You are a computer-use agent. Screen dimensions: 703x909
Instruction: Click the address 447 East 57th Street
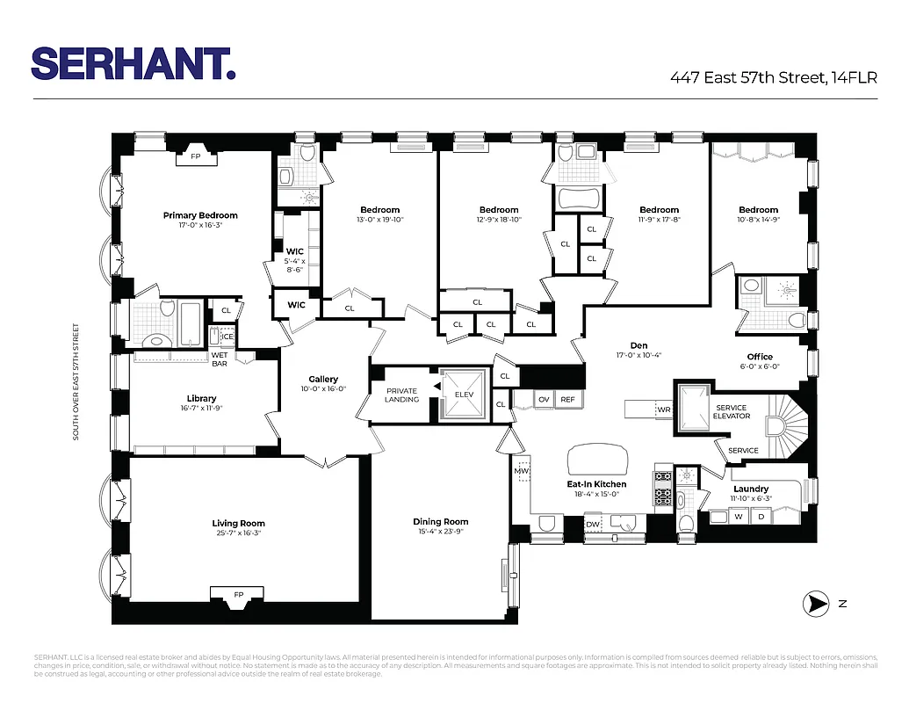[773, 78]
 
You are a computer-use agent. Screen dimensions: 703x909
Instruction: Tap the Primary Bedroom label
[200, 215]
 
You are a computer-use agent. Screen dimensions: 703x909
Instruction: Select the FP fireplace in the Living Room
[238, 595]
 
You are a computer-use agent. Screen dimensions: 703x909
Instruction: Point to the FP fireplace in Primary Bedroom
[196, 159]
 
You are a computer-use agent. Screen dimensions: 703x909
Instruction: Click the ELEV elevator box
[463, 394]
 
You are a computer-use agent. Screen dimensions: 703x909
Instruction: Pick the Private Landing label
[401, 395]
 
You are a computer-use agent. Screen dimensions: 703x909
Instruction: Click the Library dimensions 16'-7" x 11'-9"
[201, 408]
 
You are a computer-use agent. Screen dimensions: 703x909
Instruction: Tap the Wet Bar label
[220, 359]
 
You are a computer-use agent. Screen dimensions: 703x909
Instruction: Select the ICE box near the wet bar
[227, 336]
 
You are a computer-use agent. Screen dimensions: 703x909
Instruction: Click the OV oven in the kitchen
[544, 400]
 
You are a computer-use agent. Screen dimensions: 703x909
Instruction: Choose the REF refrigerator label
[568, 400]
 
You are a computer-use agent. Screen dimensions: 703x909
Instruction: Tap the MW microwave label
[520, 471]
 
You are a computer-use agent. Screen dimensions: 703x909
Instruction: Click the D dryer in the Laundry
[761, 517]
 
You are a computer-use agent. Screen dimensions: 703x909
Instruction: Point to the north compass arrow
[817, 603]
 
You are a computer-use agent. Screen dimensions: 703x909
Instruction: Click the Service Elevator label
[732, 411]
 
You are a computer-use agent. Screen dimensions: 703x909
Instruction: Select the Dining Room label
[441, 521]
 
